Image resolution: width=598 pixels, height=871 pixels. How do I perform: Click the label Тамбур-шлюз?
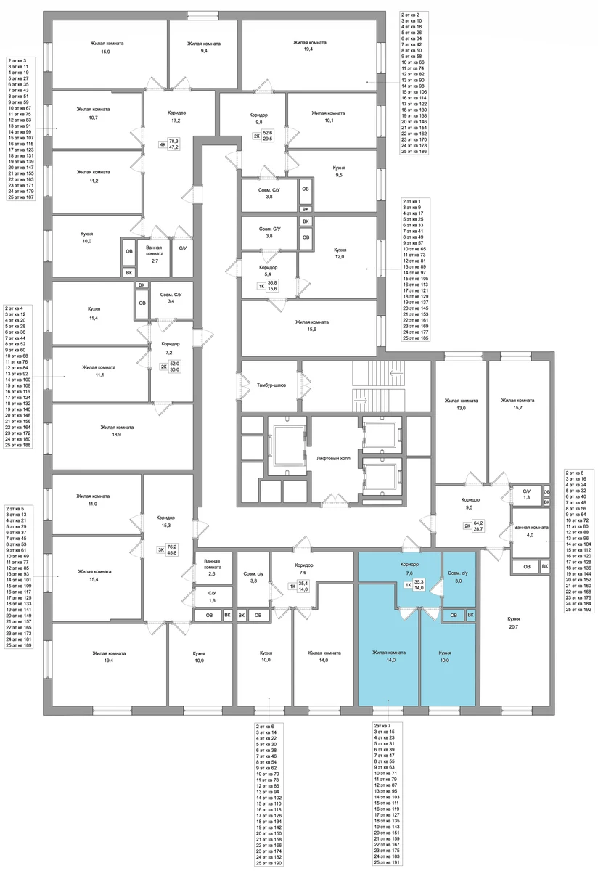point(271,385)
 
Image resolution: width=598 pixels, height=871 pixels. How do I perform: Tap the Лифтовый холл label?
point(334,459)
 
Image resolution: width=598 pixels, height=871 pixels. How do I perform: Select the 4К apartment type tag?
point(162,144)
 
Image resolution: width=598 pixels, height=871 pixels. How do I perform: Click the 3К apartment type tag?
point(160,550)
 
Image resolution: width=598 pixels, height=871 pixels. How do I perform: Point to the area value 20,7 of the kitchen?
point(514,627)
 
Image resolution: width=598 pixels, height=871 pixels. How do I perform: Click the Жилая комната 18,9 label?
point(117,431)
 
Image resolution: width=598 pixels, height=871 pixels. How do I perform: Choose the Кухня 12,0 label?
point(340,253)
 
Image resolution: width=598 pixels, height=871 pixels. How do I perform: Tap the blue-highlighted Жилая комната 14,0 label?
point(389,656)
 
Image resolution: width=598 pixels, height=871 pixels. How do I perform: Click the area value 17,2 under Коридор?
point(177,120)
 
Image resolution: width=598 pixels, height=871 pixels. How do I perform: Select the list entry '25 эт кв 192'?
point(578,609)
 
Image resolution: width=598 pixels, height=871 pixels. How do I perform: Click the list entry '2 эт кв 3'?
point(17,61)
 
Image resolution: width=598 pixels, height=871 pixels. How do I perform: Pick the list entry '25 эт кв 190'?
point(269,863)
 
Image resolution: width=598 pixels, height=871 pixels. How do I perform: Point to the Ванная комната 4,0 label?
point(531,531)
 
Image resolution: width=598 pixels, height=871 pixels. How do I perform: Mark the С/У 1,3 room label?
point(526,494)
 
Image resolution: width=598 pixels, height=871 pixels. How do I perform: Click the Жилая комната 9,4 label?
point(204,46)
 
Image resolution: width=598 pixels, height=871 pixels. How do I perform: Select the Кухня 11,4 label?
point(94,313)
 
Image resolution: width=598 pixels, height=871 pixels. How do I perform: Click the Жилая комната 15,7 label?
point(517,404)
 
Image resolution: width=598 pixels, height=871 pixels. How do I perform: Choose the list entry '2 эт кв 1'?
point(411,202)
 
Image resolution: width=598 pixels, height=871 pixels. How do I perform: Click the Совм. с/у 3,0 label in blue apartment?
point(458,577)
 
